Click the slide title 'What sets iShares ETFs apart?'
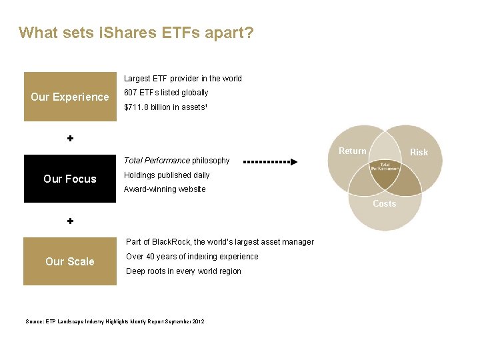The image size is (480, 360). pos(136,33)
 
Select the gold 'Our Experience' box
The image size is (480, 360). pos(69,97)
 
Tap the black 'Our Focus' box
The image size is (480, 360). pos(69,179)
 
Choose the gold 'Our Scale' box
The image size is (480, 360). pos(69,261)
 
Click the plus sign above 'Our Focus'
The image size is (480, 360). pos(70,139)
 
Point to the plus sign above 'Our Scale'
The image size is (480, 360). pos(70,221)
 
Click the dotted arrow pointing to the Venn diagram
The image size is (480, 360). pos(271,161)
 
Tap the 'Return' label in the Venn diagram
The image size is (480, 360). pos(352,151)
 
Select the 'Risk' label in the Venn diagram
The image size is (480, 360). pos(419,153)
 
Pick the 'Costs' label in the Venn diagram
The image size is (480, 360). pos(384,204)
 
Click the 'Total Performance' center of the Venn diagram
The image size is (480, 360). pos(385,167)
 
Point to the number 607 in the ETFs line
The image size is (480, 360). pos(131,93)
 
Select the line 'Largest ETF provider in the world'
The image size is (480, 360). pos(183,79)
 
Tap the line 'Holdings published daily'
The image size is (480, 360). pos(167,175)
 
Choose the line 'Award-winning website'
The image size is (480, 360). pos(165,189)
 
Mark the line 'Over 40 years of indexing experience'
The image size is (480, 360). pos(191,257)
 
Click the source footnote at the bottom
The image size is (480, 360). pos(115,322)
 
